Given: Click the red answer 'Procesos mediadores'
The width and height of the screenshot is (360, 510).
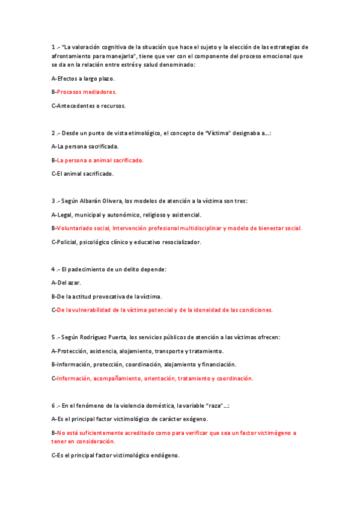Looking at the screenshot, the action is [x=87, y=92].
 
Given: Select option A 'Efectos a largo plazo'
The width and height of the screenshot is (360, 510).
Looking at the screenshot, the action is [x=83, y=78].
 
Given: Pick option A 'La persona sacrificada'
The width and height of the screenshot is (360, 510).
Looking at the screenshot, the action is [x=85, y=146].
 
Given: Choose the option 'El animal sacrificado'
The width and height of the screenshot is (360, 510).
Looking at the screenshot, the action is [x=82, y=174].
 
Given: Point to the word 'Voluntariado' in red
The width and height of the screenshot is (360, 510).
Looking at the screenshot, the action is [x=75, y=228].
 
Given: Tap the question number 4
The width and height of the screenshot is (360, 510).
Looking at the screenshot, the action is [x=53, y=269].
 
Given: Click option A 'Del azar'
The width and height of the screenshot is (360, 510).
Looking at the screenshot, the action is [x=66, y=283].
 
